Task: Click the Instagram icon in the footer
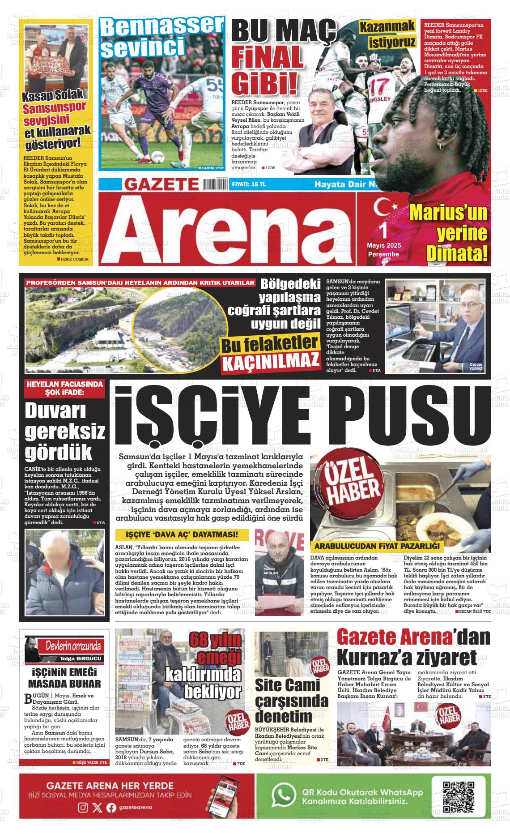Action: click(83, 808)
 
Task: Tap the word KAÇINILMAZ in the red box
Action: click(271, 361)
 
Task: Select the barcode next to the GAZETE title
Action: click(215, 184)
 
